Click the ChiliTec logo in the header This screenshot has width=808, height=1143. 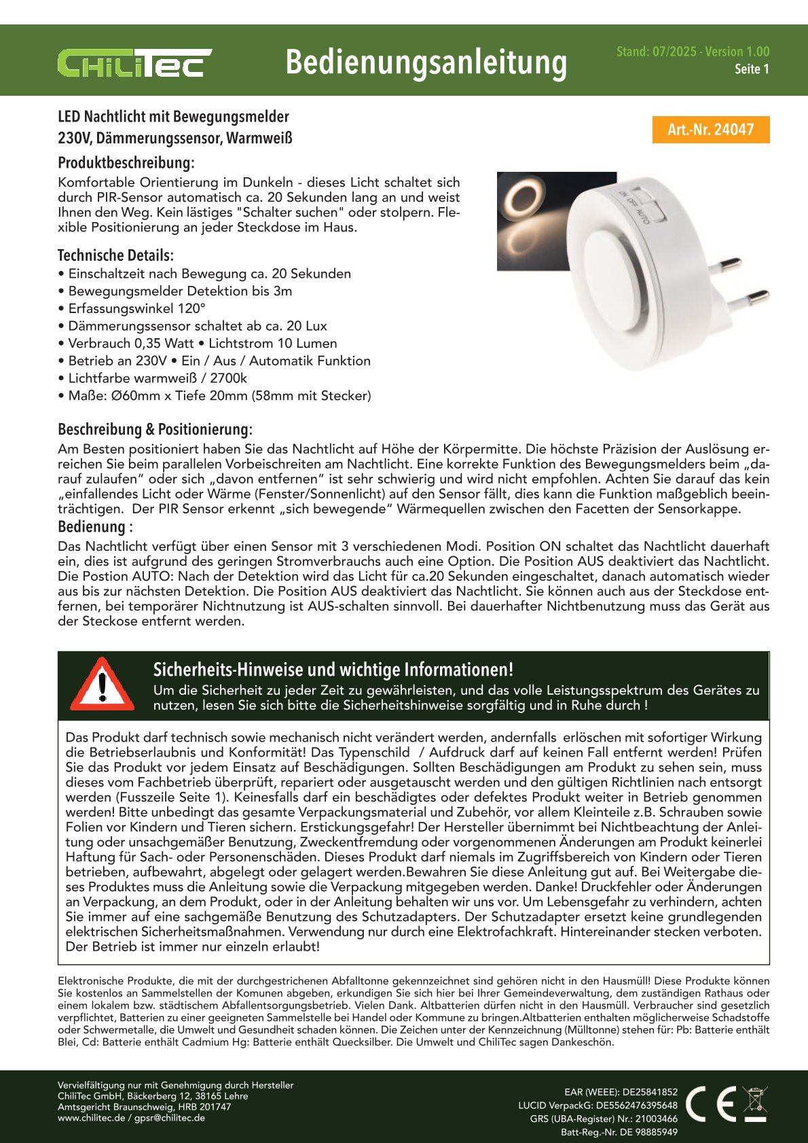tap(134, 62)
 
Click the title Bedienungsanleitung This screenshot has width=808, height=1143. tap(426, 62)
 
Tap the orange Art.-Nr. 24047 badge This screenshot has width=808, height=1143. tap(710, 130)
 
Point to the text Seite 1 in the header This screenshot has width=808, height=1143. tap(752, 69)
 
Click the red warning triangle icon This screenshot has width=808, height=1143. tap(102, 684)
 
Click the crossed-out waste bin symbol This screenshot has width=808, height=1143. tap(754, 1104)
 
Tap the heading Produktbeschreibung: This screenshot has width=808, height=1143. tap(126, 163)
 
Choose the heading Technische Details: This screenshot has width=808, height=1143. tap(115, 255)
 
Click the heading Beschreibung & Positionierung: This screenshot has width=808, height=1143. tap(155, 429)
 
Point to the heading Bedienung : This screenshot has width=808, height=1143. tap(95, 527)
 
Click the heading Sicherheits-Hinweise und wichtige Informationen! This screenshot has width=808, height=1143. tap(333, 670)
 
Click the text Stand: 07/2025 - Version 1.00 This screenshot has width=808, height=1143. tap(693, 52)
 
